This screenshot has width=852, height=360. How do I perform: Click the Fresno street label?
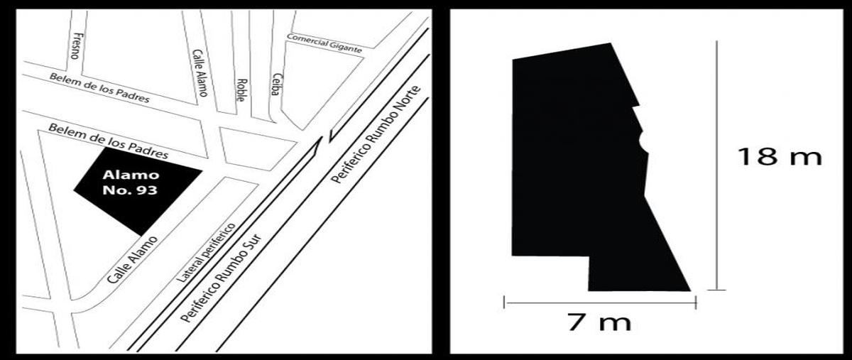pyautogui.click(x=77, y=45)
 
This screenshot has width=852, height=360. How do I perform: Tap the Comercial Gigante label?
pyautogui.click(x=324, y=44)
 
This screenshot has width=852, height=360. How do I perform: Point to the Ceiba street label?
pyautogui.click(x=277, y=84)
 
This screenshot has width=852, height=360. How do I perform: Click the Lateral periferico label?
pyautogui.click(x=206, y=253)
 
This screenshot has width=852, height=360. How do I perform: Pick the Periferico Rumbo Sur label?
pyautogui.click(x=221, y=278)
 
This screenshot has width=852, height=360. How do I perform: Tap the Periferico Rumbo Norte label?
pyautogui.click(x=376, y=135)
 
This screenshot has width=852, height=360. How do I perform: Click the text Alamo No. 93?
pyautogui.click(x=130, y=182)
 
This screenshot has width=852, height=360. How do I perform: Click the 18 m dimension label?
pyautogui.click(x=780, y=156)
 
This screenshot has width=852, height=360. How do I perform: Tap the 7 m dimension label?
pyautogui.click(x=599, y=322)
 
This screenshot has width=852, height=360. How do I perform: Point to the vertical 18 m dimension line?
pyautogui.click(x=716, y=165)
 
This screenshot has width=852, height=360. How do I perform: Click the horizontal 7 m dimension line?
pyautogui.click(x=600, y=303)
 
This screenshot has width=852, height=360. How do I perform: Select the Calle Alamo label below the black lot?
pyautogui.click(x=132, y=260)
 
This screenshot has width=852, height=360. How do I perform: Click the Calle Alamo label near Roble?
pyautogui.click(x=200, y=72)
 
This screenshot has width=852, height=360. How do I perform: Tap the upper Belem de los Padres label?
pyautogui.click(x=99, y=88)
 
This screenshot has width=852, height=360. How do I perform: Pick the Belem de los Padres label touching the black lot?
pyautogui.click(x=109, y=141)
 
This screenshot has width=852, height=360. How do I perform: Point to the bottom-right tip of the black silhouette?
pyautogui.click(x=690, y=290)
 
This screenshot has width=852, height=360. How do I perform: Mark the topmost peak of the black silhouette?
pyautogui.click(x=611, y=43)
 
